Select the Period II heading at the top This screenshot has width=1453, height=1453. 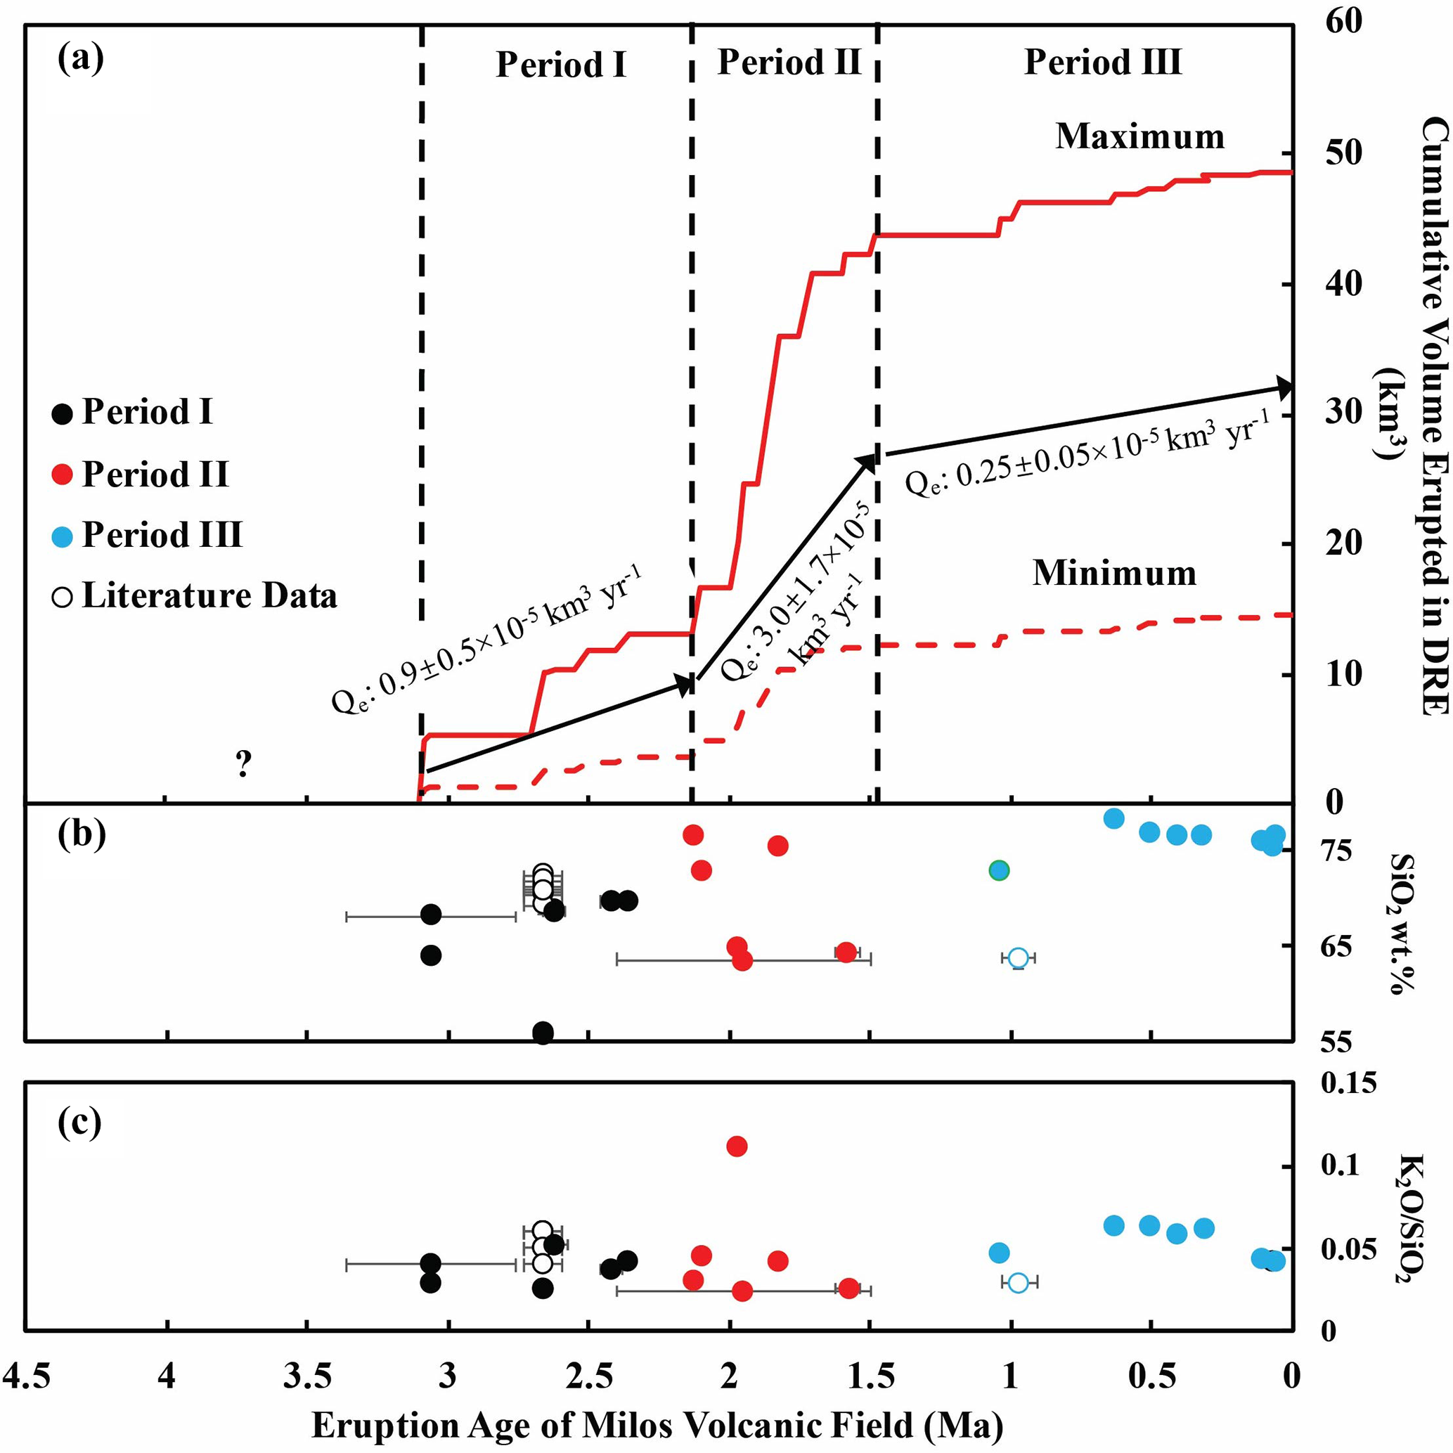click(x=789, y=62)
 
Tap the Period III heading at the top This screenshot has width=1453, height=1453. click(x=1102, y=62)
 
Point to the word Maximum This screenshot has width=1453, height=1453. click(x=1140, y=137)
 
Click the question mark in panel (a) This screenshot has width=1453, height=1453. click(x=243, y=764)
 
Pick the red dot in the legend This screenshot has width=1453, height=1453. click(x=63, y=474)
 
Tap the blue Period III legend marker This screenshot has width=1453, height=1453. click(x=63, y=536)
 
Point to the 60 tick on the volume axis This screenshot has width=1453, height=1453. click(x=1343, y=21)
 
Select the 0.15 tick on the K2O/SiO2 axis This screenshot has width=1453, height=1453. click(x=1348, y=1084)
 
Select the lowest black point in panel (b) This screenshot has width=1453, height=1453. click(x=543, y=1032)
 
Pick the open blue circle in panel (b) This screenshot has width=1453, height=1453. click(x=1019, y=957)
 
